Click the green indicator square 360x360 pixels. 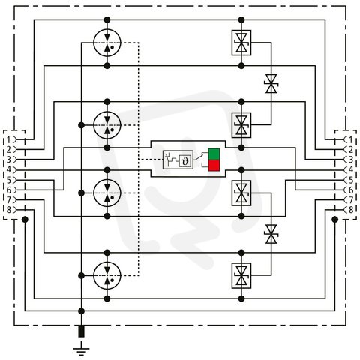point(214,154)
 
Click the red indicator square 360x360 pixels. point(214,166)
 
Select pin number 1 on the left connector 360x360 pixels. point(9,139)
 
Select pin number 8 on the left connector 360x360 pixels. point(9,210)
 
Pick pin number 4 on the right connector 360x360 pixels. point(351,169)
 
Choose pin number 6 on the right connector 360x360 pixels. point(351,190)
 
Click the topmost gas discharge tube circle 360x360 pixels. point(107,43)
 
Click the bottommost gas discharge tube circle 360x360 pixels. point(107,275)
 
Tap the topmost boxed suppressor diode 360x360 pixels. point(241,43)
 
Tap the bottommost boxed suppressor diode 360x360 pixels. point(241,275)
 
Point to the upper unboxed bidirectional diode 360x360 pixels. point(271,84)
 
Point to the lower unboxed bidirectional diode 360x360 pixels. point(271,234)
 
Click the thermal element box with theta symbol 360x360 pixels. point(185,161)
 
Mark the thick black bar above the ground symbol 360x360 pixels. point(81,331)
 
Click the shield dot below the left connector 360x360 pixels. point(25,220)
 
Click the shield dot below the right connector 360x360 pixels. point(335,220)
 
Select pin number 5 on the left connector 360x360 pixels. point(9,180)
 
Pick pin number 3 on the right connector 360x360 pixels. point(351,160)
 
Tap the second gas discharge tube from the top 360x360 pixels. point(107,125)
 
